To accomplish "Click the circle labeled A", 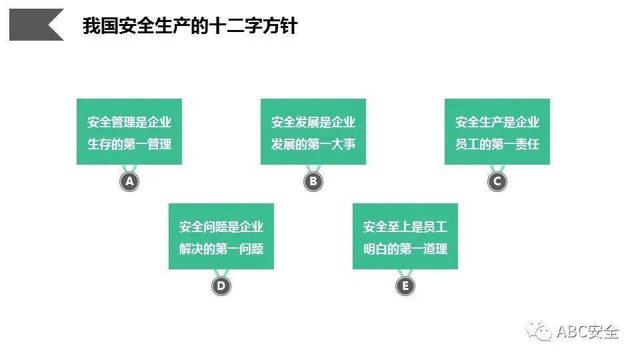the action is click(129, 181).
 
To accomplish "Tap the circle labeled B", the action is click(313, 181).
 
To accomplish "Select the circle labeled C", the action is click(497, 181).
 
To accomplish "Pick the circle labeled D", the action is click(221, 286).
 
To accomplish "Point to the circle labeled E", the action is click(405, 286).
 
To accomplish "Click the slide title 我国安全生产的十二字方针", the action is click(190, 26).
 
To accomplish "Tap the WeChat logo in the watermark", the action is click(539, 331).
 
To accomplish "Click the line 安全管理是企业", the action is click(129, 122).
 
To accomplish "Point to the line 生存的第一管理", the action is click(129, 144).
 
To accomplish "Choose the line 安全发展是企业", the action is click(313, 122).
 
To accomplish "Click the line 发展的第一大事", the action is click(313, 144).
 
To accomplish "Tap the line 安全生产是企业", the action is click(497, 122).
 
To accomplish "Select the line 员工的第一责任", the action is click(497, 144).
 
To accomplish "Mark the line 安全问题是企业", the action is click(221, 227).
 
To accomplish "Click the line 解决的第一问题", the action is click(221, 249).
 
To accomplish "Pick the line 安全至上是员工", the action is click(405, 227).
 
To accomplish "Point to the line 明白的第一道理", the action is click(405, 249).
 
